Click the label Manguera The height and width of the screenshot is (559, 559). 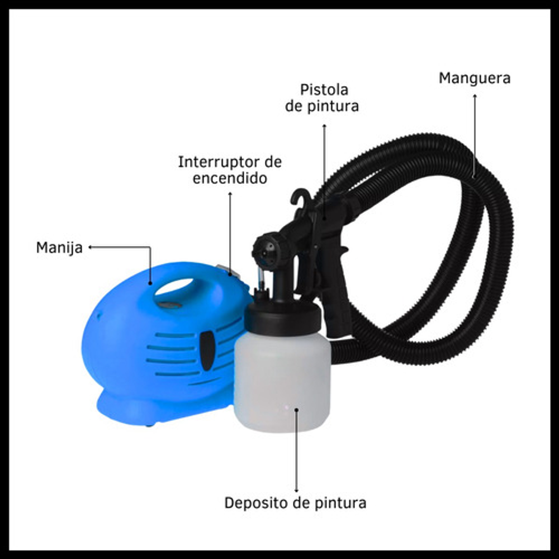[x=475, y=78]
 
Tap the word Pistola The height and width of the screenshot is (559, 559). [x=324, y=89]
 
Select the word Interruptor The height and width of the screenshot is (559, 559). [x=218, y=162]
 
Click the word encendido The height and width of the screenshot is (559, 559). [x=230, y=178]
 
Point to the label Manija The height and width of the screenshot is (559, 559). [x=59, y=248]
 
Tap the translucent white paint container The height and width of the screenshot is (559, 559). [x=282, y=381]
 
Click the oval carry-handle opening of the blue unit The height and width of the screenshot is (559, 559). [x=174, y=287]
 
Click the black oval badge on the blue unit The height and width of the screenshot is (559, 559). [x=207, y=350]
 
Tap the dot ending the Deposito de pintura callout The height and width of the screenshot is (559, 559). [x=296, y=410]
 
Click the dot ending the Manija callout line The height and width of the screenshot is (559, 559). [x=150, y=283]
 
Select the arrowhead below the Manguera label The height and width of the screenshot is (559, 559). [x=475, y=96]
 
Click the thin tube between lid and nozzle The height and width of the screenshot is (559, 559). [x=260, y=278]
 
